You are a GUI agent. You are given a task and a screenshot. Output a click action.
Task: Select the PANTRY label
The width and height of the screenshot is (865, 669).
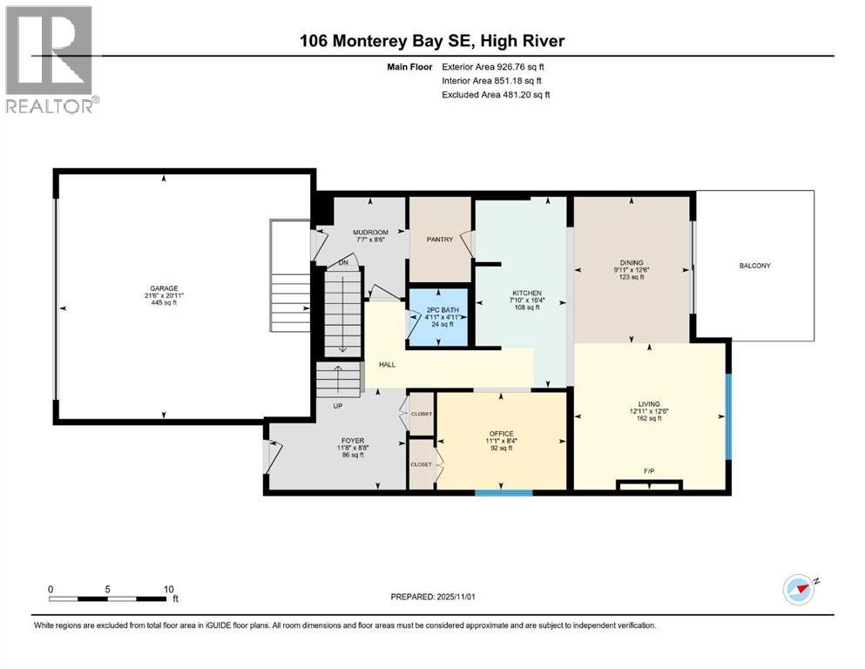440,240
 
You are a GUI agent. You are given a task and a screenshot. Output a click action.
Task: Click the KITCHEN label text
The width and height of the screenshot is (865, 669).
526,293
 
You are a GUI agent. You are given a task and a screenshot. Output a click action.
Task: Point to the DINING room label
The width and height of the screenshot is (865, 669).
632,263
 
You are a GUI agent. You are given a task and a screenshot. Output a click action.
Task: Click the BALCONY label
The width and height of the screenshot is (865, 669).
754,266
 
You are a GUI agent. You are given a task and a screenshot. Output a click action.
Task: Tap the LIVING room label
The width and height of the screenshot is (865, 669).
649,403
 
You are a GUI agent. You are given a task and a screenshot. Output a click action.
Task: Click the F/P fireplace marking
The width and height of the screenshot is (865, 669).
649,471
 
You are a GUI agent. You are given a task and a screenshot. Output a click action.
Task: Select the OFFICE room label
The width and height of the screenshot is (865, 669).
501,434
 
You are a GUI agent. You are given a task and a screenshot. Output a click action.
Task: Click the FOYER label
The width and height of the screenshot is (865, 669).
352,441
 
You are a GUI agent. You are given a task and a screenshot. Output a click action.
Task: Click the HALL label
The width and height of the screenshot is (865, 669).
388,364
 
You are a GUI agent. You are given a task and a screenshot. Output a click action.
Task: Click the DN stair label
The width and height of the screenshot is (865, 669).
343,262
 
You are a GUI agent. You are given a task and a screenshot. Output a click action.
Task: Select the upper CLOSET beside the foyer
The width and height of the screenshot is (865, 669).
422,415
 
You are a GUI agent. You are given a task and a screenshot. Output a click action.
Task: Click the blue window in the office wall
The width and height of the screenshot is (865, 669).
503,493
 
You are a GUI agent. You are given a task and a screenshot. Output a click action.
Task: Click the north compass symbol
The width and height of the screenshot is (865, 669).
798,590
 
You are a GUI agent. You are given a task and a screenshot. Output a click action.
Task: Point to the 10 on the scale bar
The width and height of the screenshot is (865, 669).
168,588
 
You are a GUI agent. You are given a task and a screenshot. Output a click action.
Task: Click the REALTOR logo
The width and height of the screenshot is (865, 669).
51,59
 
